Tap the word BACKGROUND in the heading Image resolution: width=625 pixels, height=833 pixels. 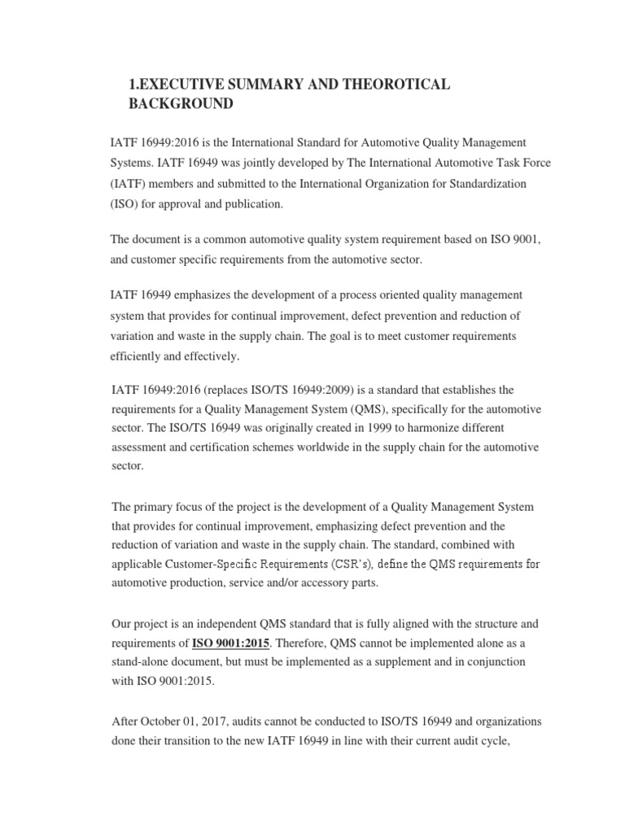[x=181, y=105]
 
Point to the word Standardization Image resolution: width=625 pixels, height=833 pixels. [x=486, y=184]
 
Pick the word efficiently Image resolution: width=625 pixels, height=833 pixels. [x=140, y=355]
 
